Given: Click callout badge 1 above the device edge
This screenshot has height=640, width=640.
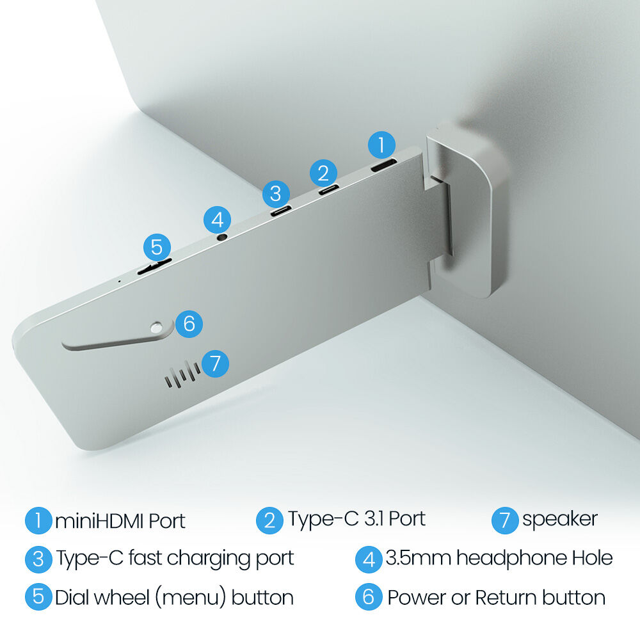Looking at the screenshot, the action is pyautogui.click(x=381, y=145).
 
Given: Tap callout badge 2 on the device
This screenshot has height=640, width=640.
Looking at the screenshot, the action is pyautogui.click(x=323, y=173).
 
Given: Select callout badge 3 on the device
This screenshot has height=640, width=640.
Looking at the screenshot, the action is pyautogui.click(x=276, y=193).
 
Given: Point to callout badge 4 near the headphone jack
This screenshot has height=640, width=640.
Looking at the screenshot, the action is pyautogui.click(x=217, y=220).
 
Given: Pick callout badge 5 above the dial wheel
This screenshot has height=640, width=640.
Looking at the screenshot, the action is pyautogui.click(x=157, y=247).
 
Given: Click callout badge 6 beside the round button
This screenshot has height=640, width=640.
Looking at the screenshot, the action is pyautogui.click(x=189, y=324).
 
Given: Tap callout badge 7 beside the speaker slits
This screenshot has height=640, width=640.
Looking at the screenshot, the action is pyautogui.click(x=215, y=364).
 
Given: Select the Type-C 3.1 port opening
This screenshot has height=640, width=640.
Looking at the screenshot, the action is pyautogui.click(x=328, y=189).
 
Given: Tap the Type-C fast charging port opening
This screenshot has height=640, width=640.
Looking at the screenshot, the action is pyautogui.click(x=281, y=211).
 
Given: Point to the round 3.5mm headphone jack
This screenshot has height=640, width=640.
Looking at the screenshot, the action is pyautogui.click(x=221, y=236).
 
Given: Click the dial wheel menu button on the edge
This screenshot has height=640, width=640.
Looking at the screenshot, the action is pyautogui.click(x=154, y=266).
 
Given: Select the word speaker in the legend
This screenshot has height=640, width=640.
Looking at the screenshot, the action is pyautogui.click(x=560, y=520).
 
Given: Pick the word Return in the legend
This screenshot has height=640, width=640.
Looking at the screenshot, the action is pyautogui.click(x=506, y=598).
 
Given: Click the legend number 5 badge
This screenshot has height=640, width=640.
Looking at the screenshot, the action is pyautogui.click(x=38, y=596).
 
